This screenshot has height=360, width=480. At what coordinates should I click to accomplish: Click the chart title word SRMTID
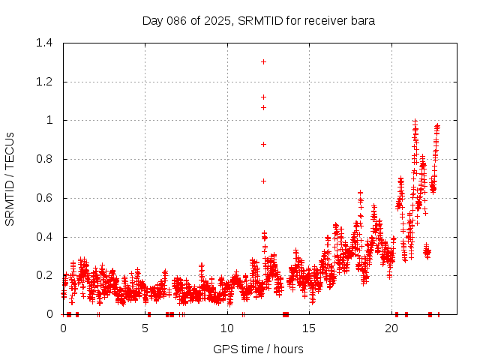(257, 21)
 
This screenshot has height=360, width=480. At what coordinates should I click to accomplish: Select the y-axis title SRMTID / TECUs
(10, 178)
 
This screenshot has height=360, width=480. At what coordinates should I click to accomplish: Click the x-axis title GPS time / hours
(259, 349)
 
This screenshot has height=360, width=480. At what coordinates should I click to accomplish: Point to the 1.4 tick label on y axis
(43, 43)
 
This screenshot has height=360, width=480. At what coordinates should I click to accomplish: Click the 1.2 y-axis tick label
(43, 82)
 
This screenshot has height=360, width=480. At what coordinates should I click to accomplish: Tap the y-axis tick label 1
(49, 120)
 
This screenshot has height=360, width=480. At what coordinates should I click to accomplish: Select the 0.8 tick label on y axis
(43, 159)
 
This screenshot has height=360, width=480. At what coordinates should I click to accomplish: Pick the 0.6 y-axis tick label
(43, 198)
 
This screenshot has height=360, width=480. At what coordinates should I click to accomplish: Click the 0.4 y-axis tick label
(43, 237)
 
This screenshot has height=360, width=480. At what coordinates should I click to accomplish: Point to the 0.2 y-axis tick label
(43, 276)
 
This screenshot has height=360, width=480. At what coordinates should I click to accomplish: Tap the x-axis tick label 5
(145, 328)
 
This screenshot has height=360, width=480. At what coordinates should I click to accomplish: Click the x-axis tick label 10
(227, 328)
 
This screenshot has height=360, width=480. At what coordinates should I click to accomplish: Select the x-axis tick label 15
(309, 328)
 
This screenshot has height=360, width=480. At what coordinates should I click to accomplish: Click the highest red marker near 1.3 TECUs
(263, 61)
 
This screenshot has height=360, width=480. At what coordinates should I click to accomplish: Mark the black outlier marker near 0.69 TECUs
(263, 181)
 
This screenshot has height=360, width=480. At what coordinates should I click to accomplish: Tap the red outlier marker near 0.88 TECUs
(263, 144)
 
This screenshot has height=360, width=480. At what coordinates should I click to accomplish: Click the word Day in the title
(152, 21)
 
